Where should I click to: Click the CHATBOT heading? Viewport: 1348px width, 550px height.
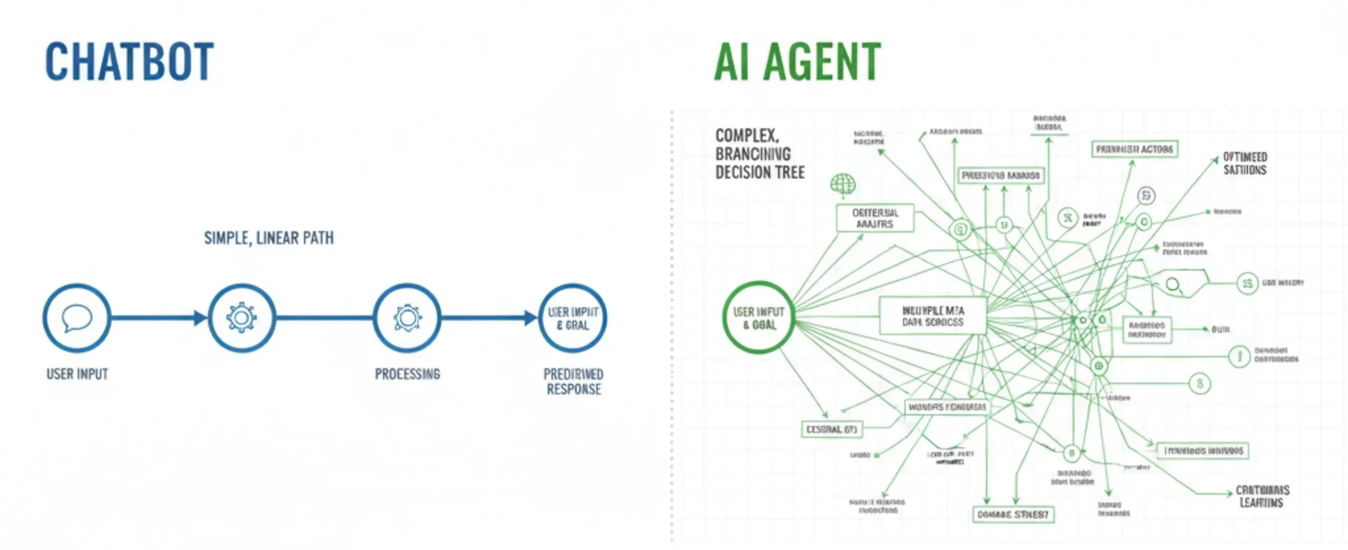point(129,62)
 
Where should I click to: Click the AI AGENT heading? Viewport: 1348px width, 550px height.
point(797,62)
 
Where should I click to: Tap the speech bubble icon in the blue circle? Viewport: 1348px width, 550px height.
point(77,318)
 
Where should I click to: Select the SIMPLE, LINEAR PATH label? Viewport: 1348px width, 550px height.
point(269,239)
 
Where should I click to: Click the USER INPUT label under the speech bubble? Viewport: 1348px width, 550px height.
point(77,374)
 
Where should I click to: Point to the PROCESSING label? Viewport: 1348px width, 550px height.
point(407,374)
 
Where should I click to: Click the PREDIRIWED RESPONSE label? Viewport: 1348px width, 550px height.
point(573,382)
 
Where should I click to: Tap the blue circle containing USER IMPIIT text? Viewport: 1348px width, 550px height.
point(573,318)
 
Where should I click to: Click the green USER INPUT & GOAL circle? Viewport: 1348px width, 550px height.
point(759,318)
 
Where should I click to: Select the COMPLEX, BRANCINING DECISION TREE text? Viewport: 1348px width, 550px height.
point(759,154)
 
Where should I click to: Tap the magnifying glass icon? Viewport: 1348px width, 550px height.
point(1173,286)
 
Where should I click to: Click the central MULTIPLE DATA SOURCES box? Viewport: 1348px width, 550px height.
point(932,316)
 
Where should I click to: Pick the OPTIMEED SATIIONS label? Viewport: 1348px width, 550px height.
point(1245,164)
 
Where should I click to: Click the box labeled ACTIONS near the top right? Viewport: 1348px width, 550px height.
point(1134,149)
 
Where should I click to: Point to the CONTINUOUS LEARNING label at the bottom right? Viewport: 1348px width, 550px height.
point(1262,496)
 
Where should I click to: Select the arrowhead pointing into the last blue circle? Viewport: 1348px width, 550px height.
point(531,318)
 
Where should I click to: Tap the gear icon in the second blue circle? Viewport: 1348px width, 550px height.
point(242,318)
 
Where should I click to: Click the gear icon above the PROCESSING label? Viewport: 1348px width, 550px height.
point(407,318)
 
